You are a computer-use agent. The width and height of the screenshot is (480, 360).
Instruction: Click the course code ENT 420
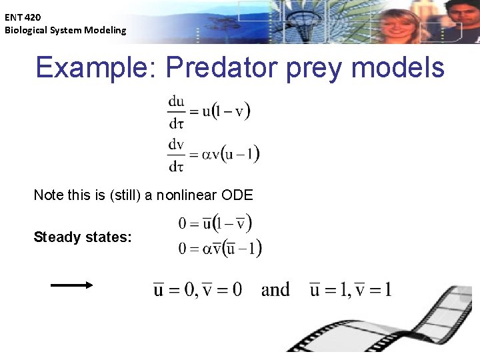coord(23,18)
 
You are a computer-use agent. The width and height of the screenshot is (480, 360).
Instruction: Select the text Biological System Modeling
coord(65,30)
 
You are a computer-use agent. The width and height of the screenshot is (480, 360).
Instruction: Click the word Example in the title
coord(94,68)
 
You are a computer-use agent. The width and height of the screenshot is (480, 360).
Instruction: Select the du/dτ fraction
coord(177,111)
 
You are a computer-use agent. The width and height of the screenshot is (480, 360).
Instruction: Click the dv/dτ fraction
coord(177,155)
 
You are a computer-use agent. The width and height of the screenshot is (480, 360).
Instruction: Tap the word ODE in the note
coord(238,195)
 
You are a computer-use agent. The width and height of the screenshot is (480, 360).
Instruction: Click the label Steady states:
coord(83,237)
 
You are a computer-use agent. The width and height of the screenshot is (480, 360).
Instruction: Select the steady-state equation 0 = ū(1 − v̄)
coord(215,223)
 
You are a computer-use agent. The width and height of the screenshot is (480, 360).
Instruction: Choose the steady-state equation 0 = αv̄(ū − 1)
coord(220,249)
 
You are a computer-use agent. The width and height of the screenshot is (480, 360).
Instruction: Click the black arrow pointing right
coord(72,285)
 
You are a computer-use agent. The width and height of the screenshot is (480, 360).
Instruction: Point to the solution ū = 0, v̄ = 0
coord(198,290)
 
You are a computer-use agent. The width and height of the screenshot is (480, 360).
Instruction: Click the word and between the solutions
coord(275,290)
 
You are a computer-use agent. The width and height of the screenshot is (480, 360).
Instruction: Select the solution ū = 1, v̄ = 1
coord(351,290)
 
